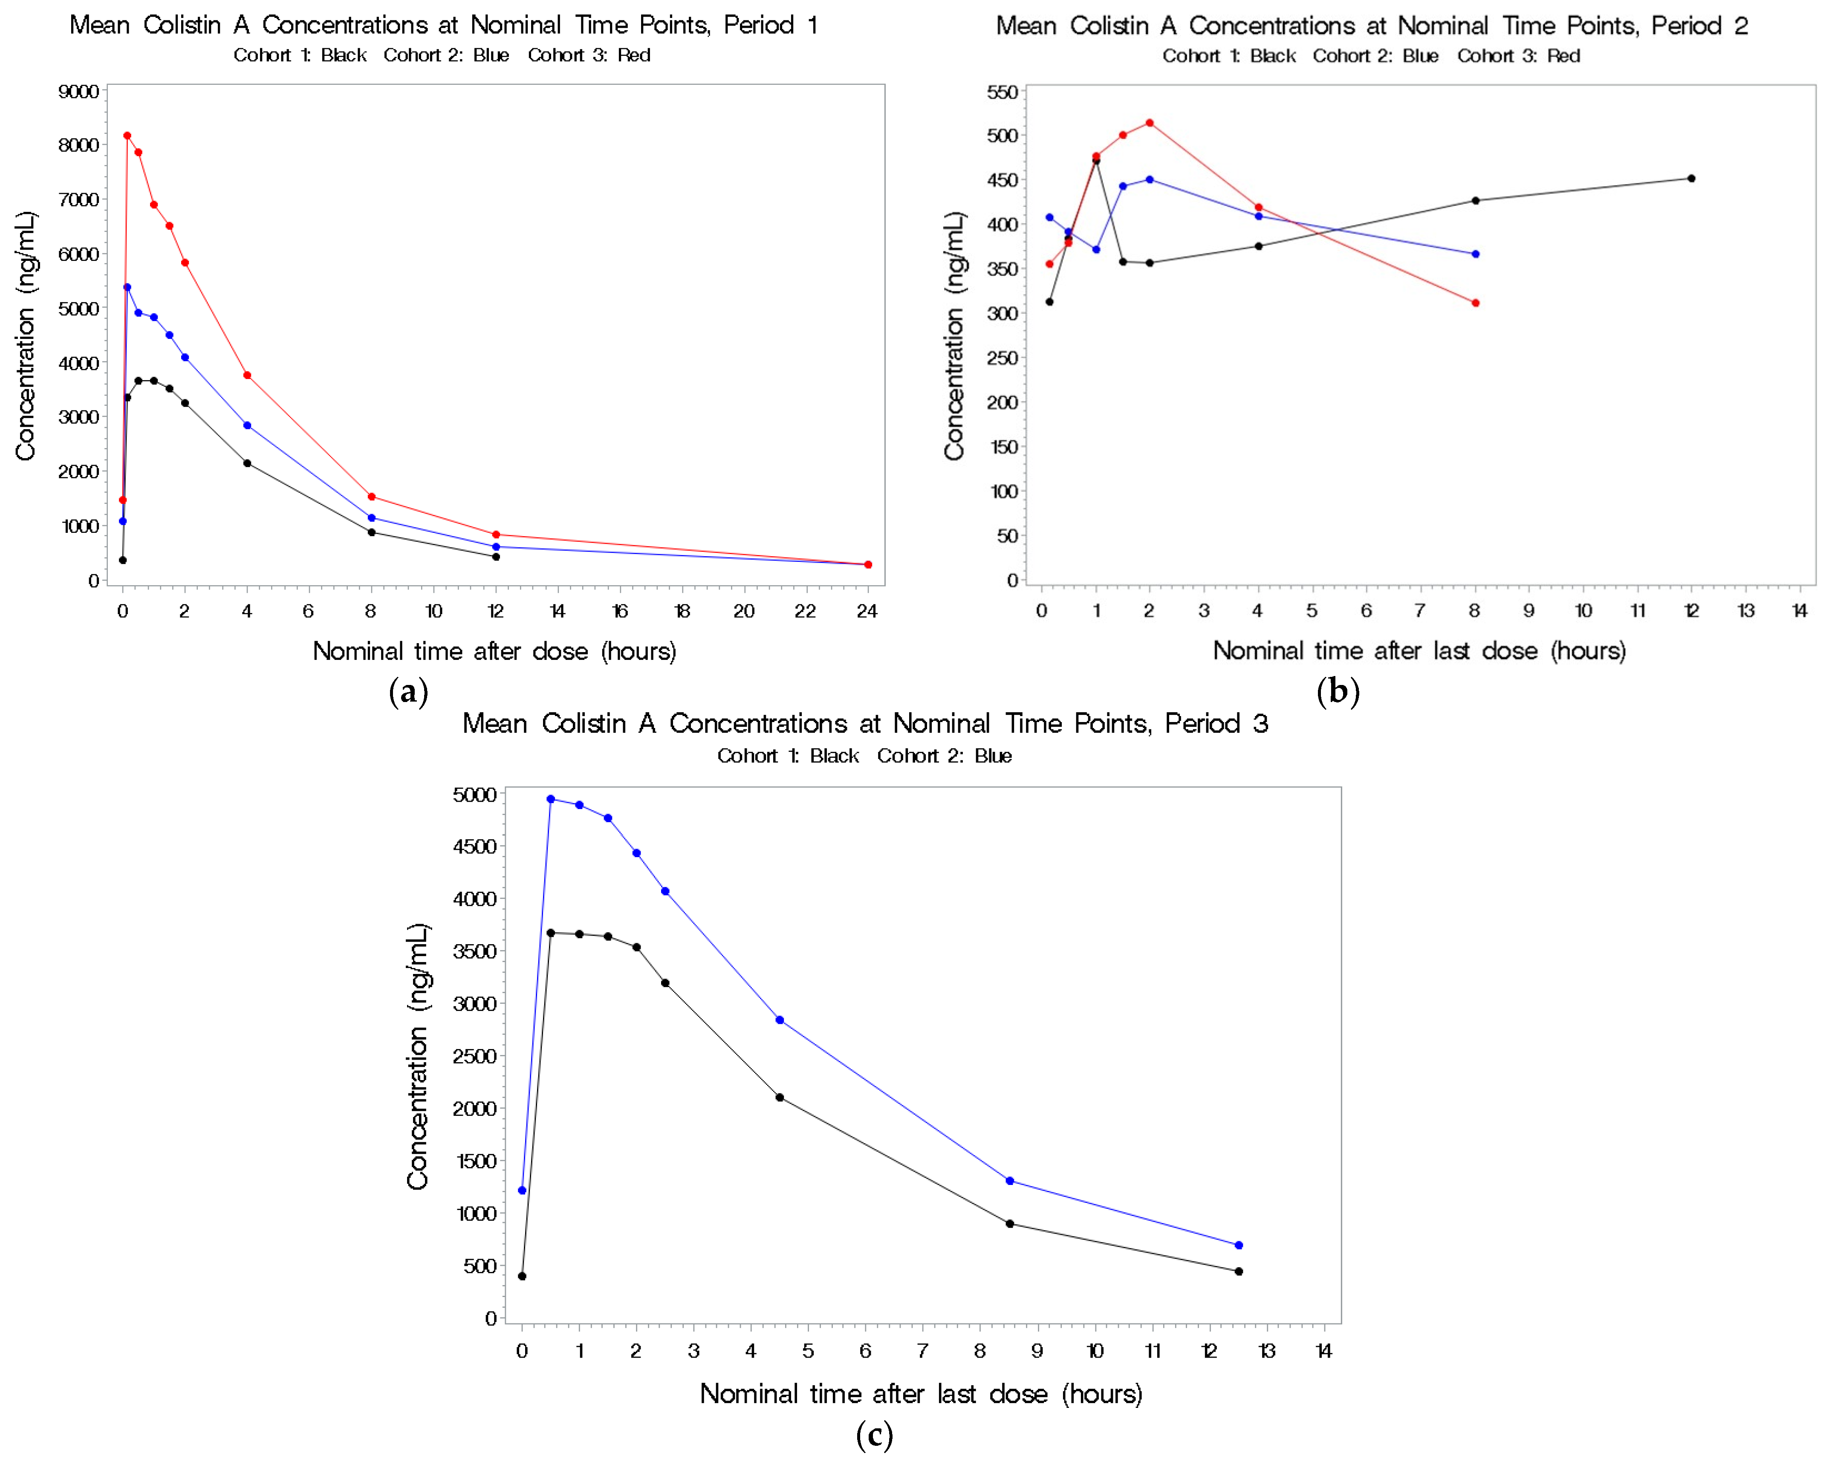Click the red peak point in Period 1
click(127, 136)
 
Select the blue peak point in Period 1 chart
click(127, 287)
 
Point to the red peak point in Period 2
click(1149, 123)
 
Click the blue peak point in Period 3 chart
click(551, 799)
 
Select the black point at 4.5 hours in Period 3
click(779, 1097)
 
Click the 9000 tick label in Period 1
click(78, 92)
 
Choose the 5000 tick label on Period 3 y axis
click(474, 795)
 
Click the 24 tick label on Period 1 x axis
click(867, 611)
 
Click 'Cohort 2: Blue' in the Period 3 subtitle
click(945, 756)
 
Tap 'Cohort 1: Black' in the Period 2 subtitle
click(1228, 56)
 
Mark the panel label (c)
click(874, 1435)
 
